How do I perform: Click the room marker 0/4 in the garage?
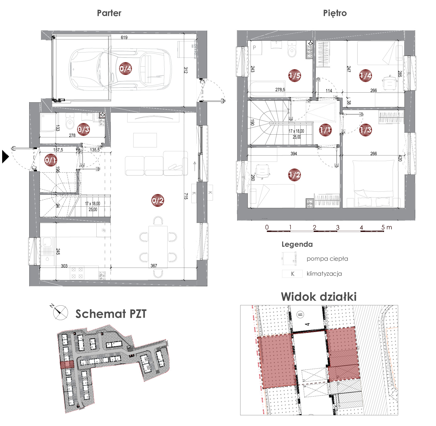[125, 69]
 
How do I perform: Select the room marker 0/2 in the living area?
[157, 200]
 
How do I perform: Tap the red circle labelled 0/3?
[84, 130]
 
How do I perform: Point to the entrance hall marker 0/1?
[50, 160]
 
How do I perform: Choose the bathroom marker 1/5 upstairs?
[294, 75]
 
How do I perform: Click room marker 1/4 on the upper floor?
[366, 75]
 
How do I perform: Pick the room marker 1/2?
[294, 175]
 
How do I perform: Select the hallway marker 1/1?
[325, 130]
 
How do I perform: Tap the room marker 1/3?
[366, 130]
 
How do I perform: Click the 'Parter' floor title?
[109, 13]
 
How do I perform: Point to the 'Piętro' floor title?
[335, 13]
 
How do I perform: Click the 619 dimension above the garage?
[124, 37]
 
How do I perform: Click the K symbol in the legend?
[293, 274]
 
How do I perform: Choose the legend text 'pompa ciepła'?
[327, 259]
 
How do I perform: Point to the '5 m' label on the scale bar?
[387, 227]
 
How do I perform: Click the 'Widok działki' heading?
[319, 296]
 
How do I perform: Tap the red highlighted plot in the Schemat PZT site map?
[67, 365]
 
